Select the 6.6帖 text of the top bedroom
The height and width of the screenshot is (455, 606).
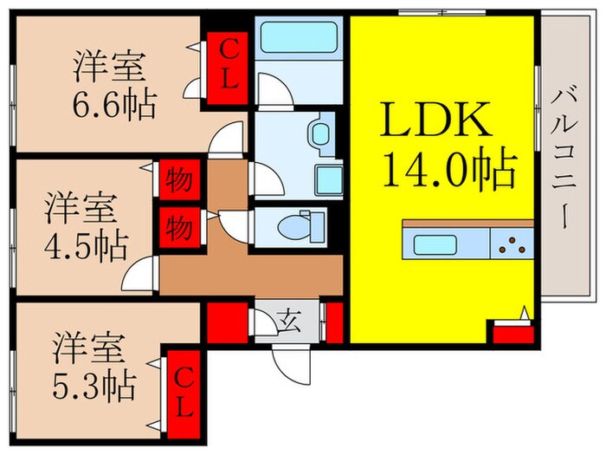point(115,106)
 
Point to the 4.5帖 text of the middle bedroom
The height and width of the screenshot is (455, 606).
point(87,244)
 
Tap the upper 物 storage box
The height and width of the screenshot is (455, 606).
point(179,182)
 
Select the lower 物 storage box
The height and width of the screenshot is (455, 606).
point(179,229)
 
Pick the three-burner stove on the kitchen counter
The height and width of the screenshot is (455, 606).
point(513,244)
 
